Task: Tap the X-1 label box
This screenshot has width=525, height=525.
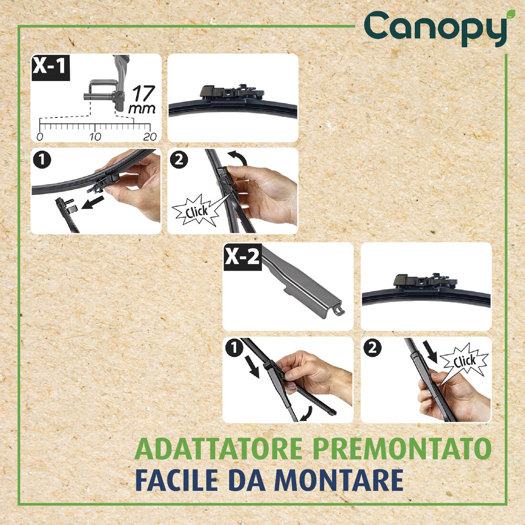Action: [x=50, y=67]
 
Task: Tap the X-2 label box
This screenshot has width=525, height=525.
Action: [x=242, y=258]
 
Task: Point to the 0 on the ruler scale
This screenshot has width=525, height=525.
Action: [x=40, y=137]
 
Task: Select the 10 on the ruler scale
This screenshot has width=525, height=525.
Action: [x=95, y=137]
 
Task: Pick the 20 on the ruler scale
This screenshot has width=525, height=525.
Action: [x=150, y=137]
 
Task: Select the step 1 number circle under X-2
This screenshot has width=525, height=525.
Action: [x=234, y=349]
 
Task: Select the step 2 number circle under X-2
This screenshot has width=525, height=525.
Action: [x=373, y=348]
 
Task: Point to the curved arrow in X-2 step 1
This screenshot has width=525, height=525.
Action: [x=306, y=413]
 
